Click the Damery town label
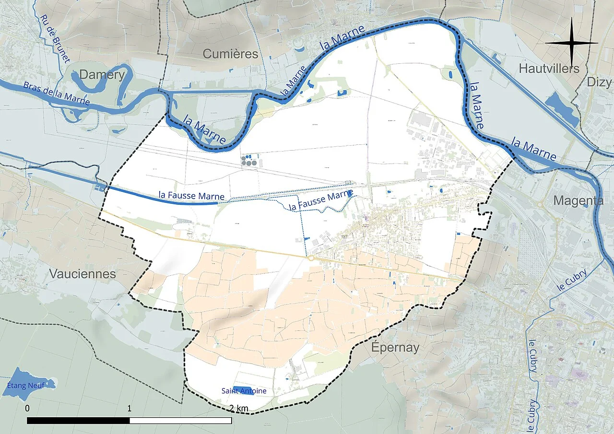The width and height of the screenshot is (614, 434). tap(102, 74)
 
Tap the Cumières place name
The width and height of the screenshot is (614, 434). tap(230, 54)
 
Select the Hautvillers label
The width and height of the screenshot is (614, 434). tap(549, 69)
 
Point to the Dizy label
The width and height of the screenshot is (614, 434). tap(600, 82)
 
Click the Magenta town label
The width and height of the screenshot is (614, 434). tap(578, 200)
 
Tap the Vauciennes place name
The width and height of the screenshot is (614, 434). tap(82, 274)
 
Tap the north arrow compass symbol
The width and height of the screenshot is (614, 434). tap(571, 43)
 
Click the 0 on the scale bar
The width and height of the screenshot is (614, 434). tap(27, 408)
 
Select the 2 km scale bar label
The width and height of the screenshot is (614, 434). tap(238, 408)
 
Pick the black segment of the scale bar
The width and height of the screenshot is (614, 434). tap(78, 421)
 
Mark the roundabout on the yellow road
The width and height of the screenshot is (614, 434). tap(310, 258)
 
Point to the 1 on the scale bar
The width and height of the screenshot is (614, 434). tap(130, 408)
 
